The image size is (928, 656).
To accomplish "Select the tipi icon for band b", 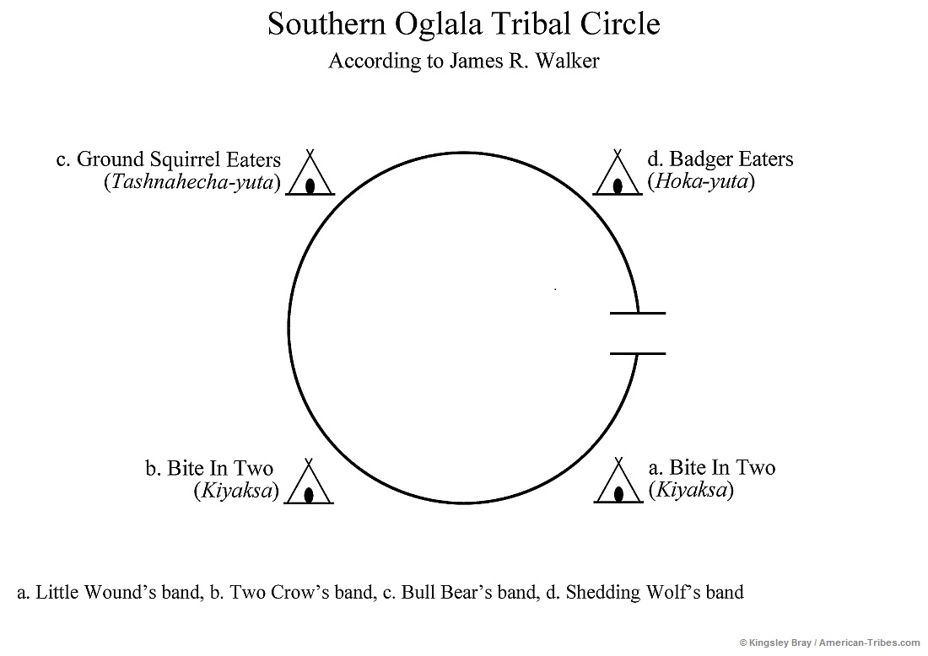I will (x=309, y=486).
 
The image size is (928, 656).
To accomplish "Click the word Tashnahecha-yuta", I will (x=192, y=182).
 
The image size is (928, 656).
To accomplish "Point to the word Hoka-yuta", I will (x=700, y=181).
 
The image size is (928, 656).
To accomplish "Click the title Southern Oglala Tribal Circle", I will (x=463, y=24).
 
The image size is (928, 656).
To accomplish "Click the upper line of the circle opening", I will (x=638, y=314).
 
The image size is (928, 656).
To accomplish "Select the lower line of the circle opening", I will (x=638, y=353).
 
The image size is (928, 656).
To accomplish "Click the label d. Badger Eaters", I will (x=720, y=159).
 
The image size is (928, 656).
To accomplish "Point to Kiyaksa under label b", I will (x=236, y=491).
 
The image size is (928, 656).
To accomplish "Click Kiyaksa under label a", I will (x=690, y=490).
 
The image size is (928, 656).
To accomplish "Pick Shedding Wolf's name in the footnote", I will (x=633, y=592).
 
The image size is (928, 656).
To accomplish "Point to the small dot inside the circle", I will (x=555, y=289).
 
